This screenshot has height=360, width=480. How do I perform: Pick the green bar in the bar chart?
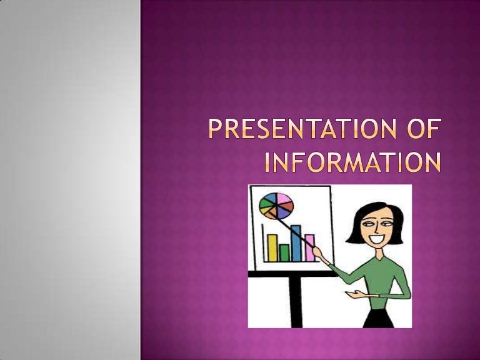coord(284,252)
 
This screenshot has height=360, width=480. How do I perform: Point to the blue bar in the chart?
coord(296,243)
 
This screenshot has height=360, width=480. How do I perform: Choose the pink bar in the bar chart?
coord(309,247)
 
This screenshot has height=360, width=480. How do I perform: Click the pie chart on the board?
coord(276,206)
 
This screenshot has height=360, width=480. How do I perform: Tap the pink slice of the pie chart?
coord(284,201)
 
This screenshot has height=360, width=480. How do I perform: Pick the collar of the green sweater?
coord(381,256)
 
